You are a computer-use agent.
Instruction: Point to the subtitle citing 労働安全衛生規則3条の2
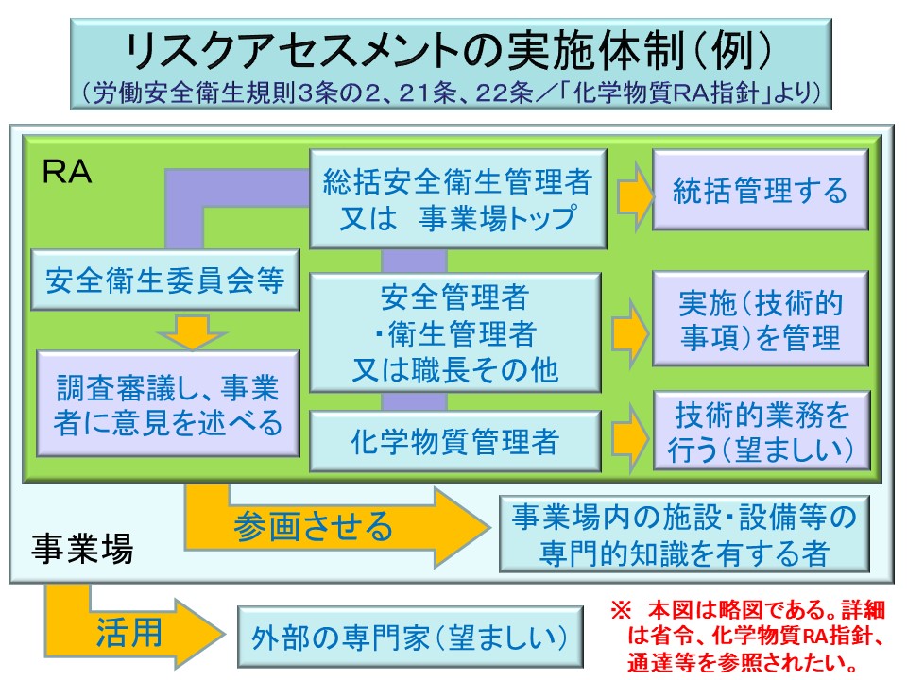point(451,94)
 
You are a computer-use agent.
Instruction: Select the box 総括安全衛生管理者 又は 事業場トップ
point(457,197)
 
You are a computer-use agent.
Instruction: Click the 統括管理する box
point(760,192)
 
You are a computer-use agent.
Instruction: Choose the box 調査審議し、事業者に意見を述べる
point(167,404)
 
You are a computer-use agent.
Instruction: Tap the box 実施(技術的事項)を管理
point(760,319)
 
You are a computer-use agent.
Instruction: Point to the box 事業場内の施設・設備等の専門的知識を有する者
point(684,535)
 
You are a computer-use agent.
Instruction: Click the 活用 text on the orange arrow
point(128,632)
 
